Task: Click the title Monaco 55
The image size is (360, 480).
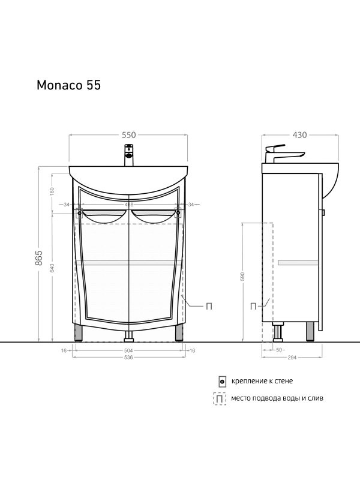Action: point(68,85)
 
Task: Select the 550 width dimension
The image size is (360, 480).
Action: point(128,136)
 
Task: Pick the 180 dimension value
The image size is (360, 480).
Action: point(53,191)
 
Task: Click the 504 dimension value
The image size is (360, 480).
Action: point(128,350)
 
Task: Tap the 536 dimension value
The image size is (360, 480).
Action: point(128,357)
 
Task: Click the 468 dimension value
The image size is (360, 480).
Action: point(128,205)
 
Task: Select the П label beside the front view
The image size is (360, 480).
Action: point(209,307)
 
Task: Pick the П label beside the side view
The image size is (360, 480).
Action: point(253,307)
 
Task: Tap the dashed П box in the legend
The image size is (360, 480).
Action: point(220,398)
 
